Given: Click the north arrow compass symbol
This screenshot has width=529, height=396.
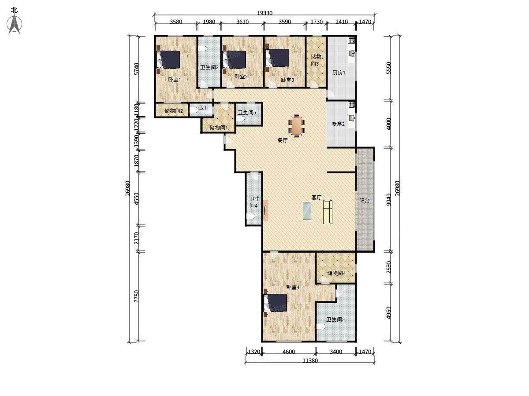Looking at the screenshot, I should [x=15, y=23].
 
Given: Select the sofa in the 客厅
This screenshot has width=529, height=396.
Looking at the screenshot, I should [x=328, y=212].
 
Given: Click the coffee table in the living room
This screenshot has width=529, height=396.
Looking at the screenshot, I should [x=307, y=210].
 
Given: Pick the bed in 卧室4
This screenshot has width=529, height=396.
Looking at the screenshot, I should [x=275, y=303].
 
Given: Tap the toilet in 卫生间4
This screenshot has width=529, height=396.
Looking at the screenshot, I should [x=251, y=216].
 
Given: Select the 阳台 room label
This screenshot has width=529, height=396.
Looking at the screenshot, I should [x=365, y=201].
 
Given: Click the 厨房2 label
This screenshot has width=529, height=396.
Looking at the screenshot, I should [x=338, y=124].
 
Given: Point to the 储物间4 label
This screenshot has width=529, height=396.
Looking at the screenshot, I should [x=336, y=273].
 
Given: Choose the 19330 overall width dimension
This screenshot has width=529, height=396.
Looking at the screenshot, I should [x=264, y=14].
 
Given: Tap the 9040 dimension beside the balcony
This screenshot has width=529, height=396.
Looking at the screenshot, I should [x=388, y=199].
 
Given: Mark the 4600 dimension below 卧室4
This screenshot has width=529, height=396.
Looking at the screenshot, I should [x=289, y=352].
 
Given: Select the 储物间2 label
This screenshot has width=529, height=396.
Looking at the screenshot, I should [x=174, y=111].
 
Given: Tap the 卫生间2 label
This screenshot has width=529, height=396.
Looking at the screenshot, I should [x=209, y=67].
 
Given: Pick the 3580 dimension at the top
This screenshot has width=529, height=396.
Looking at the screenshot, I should [x=175, y=22].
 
